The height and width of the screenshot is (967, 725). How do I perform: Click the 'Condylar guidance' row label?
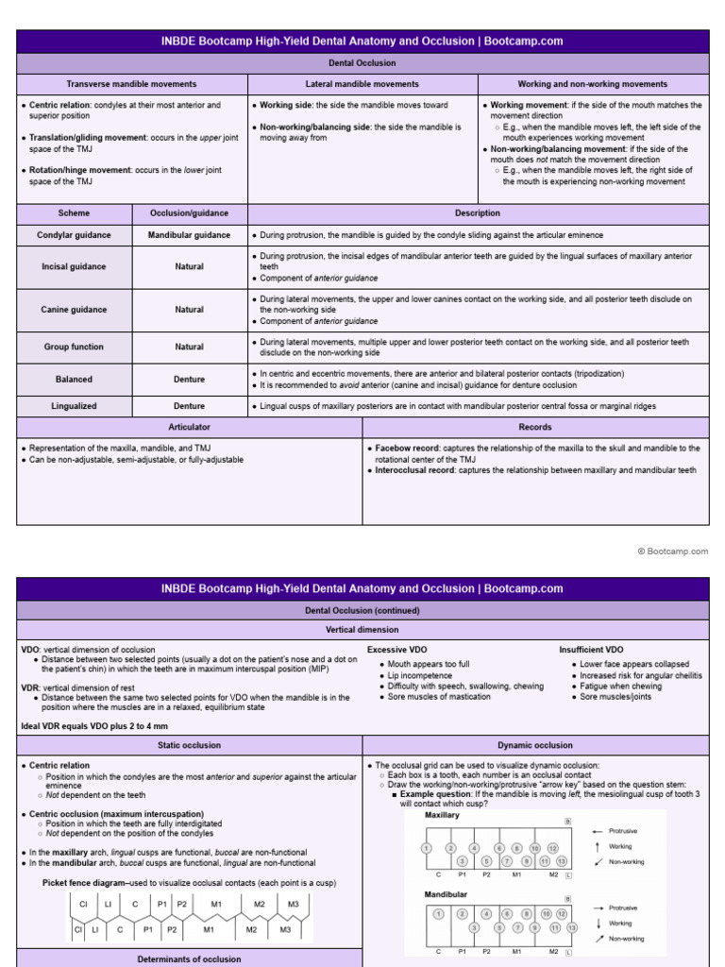tap(74, 235)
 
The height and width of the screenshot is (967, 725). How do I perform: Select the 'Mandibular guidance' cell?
tap(189, 235)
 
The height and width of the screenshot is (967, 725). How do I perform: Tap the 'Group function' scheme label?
tap(74, 347)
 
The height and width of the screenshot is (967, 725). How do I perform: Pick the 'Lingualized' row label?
tap(74, 406)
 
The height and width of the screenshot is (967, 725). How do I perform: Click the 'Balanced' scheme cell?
tap(74, 379)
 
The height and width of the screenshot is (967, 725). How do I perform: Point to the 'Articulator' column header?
tap(189, 427)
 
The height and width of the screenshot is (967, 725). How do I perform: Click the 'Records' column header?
tap(535, 427)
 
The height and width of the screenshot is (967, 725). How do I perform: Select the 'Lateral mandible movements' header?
tap(362, 84)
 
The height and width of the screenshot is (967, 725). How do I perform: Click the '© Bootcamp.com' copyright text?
tap(672, 551)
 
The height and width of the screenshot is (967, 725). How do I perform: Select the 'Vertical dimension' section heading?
tap(362, 629)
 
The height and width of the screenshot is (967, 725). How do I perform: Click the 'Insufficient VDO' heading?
tap(592, 650)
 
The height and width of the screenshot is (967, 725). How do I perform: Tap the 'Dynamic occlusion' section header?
tap(535, 745)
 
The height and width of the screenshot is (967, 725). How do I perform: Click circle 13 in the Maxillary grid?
tap(562, 861)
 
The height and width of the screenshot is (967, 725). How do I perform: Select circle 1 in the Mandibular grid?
tap(438, 914)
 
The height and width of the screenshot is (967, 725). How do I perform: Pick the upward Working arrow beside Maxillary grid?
tap(597, 846)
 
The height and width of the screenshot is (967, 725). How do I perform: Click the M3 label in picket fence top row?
tap(293, 904)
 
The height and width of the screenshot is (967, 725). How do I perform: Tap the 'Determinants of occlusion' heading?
tap(189, 959)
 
